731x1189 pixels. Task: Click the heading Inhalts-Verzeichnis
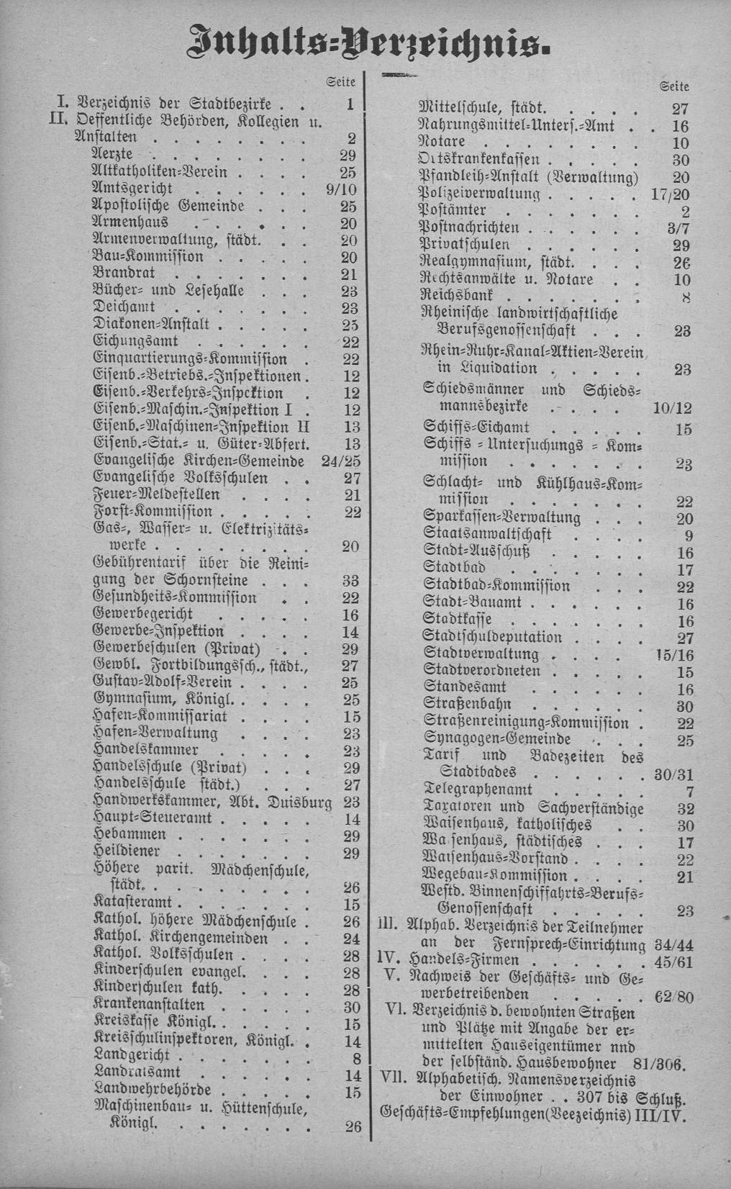pos(366,40)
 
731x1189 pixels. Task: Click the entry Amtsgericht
pos(132,189)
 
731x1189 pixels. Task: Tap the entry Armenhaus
pos(130,223)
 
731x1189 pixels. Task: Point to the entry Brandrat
pos(124,274)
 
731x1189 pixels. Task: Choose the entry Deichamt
pos(124,308)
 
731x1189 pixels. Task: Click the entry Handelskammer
pos(146,750)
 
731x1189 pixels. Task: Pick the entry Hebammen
pos(130,835)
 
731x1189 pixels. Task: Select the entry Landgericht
pos(132,1056)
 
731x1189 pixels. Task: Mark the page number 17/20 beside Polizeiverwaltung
pos(674,194)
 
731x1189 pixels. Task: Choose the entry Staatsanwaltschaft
pos(487,535)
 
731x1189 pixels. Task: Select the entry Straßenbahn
pos(467,706)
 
